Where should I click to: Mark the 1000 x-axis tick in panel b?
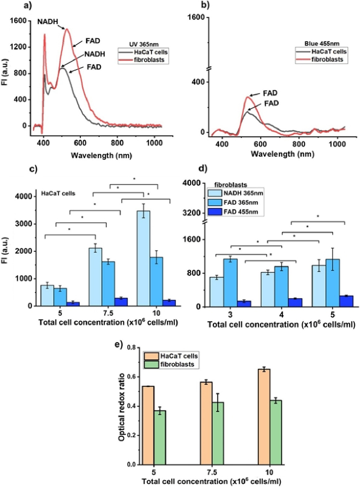tap(337, 144)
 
